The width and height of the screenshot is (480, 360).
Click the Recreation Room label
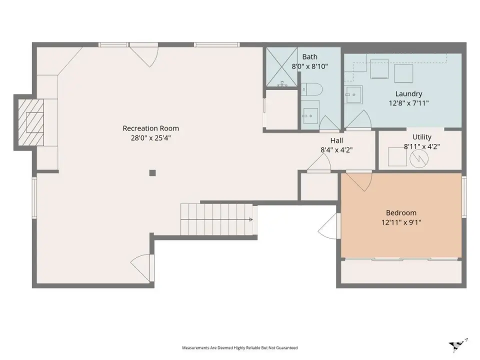[x=150, y=128]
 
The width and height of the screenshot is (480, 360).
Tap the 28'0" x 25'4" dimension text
[x=150, y=138]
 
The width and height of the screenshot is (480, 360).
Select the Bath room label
[x=310, y=56]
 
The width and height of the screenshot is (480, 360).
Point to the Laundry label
[x=408, y=93]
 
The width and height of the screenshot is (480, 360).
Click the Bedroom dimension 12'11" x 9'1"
[x=401, y=222]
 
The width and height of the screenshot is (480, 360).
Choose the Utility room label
[x=422, y=137]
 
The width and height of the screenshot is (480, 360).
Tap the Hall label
[x=336, y=140]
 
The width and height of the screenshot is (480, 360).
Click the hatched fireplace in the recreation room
[x=30, y=122]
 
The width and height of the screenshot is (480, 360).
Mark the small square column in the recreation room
[x=152, y=173]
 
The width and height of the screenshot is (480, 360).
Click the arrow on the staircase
[x=250, y=219]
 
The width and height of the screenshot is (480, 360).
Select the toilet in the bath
[x=311, y=89]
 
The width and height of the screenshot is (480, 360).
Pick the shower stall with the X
[x=281, y=66]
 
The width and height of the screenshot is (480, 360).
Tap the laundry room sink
[x=353, y=94]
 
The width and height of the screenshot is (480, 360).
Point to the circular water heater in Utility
[x=419, y=158]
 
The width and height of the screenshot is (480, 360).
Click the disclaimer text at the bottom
[x=239, y=348]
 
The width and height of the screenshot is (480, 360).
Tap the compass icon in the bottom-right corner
[x=458, y=346]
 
